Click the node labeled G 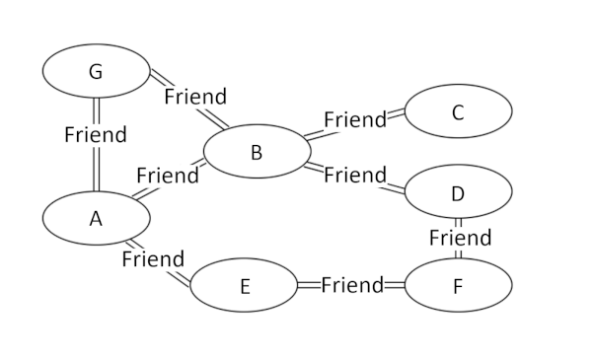96,71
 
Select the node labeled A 96,219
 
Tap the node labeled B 256,152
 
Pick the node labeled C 458,111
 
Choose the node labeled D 458,193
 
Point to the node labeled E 244,286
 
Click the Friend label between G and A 96,134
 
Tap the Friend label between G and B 195,97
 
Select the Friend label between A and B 168,176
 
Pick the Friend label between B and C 355,120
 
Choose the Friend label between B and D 355,176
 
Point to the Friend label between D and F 460,238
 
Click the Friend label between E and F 352,285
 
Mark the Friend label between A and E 153,259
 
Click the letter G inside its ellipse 95,72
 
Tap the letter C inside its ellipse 458,112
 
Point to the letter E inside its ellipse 245,287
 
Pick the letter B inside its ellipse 256,153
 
